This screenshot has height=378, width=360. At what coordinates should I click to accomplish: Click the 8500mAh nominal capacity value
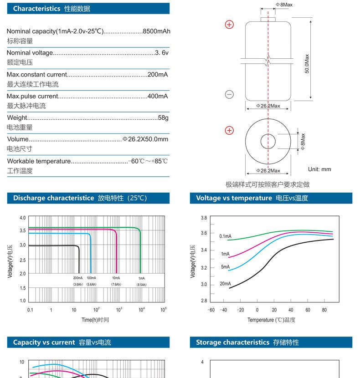[x=156, y=31]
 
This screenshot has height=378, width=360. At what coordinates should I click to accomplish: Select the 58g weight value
[x=163, y=117]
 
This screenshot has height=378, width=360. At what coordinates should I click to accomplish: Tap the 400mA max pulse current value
[x=158, y=96]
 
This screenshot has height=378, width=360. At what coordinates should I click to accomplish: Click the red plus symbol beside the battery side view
[x=229, y=25]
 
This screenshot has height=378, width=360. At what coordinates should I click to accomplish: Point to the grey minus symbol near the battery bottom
[x=229, y=94]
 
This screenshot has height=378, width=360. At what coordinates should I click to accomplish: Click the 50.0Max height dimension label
[x=307, y=64]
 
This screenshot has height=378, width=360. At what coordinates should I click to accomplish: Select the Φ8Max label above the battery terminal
[x=284, y=5]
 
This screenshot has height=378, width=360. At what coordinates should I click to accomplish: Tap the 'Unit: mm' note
[x=319, y=169]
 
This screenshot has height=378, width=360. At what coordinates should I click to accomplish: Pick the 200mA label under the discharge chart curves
[x=77, y=278]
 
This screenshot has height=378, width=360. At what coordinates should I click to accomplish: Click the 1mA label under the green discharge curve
[x=142, y=278]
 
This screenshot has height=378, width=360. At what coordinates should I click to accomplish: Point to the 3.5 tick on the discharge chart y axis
[x=23, y=230]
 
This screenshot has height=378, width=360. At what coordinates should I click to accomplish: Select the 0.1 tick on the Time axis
[x=30, y=310]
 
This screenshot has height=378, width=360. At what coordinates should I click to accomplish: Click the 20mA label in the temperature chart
[x=225, y=284]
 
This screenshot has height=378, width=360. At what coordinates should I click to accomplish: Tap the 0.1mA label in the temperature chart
[x=226, y=236]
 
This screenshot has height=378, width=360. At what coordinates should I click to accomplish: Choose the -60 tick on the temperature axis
[x=211, y=310]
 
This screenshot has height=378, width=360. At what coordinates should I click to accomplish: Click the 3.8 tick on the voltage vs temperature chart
[x=204, y=218]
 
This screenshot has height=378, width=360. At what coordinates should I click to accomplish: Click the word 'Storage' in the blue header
[x=208, y=342]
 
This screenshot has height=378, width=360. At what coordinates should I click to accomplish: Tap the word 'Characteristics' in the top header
[x=36, y=9]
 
